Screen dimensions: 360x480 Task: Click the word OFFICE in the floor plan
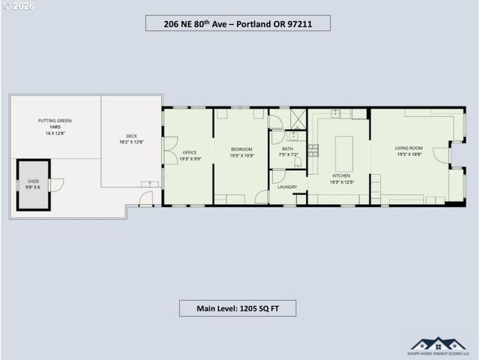[189, 153]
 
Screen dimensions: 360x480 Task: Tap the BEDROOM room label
[241, 148]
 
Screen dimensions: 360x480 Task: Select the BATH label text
[287, 148]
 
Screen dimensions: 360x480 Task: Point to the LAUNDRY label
[287, 187]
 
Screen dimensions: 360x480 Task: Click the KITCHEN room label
[341, 175]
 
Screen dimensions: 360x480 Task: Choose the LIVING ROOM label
[409, 148]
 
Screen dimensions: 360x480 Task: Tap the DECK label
[130, 136]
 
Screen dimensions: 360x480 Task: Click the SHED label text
[33, 181]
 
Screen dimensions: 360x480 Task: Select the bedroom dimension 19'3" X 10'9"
[241, 155]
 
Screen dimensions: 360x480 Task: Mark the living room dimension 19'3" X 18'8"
[409, 154]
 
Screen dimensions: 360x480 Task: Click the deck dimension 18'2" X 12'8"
[130, 142]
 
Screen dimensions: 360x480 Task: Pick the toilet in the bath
[298, 162]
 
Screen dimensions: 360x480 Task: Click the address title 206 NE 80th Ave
[237, 23]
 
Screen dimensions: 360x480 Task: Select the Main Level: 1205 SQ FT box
[237, 308]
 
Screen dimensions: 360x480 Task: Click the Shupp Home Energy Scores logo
[439, 346]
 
